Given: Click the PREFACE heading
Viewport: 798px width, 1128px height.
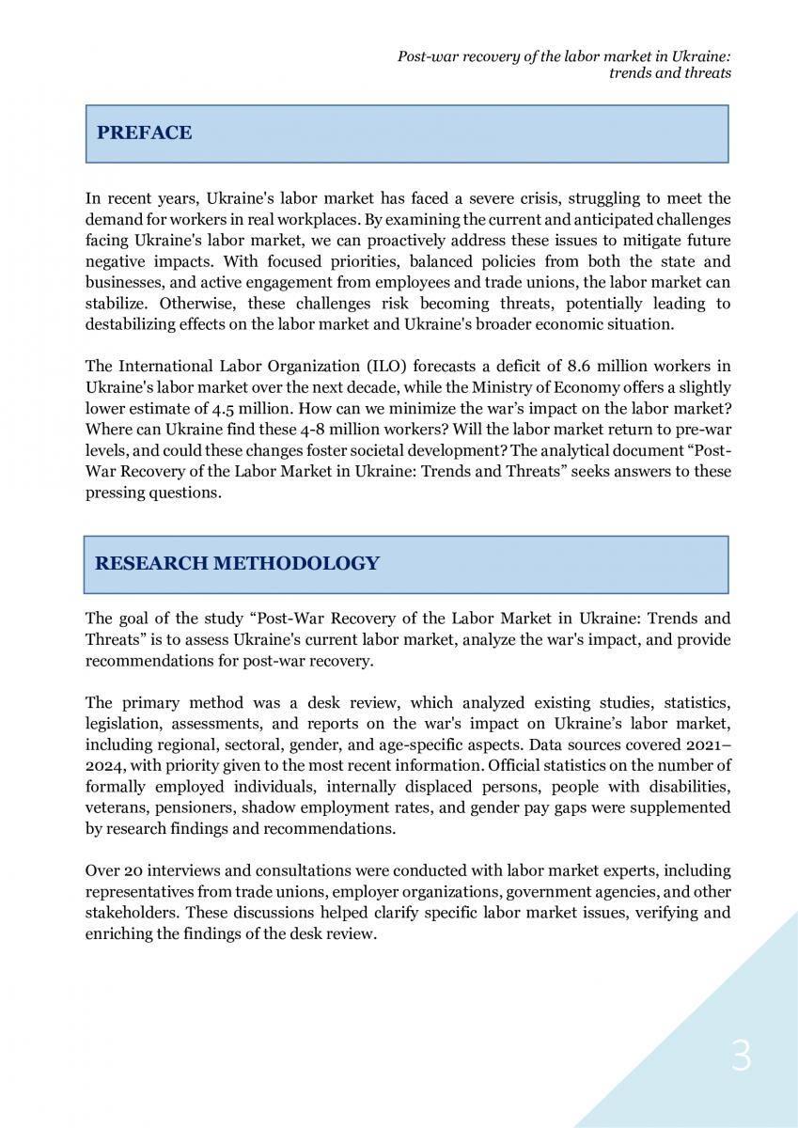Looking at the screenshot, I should pos(144,133).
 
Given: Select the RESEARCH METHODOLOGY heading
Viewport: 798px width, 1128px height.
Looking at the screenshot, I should pos(237,563).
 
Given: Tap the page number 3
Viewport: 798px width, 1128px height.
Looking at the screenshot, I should pos(742,1057).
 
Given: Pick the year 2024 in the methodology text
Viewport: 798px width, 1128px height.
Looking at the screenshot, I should pos(104,765).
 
